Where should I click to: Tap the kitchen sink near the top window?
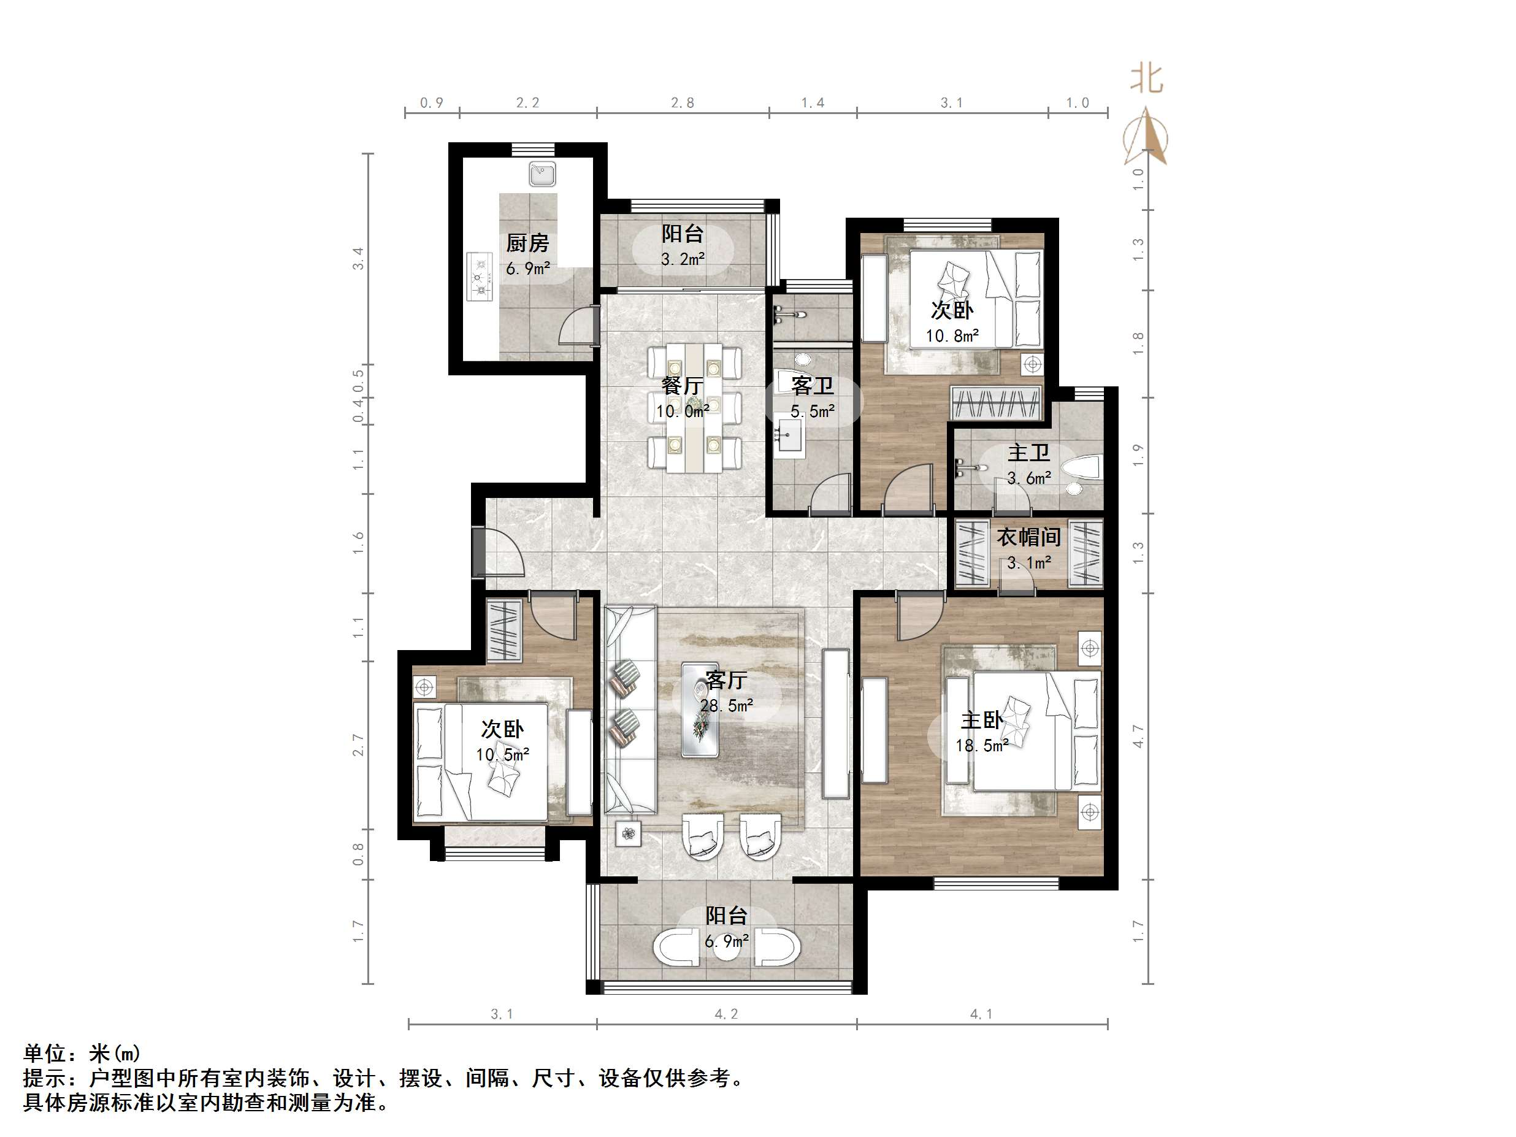tap(542, 174)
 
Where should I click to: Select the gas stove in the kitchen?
tap(480, 277)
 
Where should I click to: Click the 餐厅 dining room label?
tap(682, 386)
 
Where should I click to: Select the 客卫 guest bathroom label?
tap(812, 386)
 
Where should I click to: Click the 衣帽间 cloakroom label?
tap(1028, 537)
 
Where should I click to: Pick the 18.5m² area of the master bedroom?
tap(981, 746)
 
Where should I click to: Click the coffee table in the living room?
tap(700, 710)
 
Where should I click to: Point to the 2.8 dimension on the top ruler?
tap(682, 103)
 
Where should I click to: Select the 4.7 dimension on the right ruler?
tap(1138, 736)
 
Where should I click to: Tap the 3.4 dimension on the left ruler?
tap(358, 258)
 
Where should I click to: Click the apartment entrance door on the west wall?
tap(478, 553)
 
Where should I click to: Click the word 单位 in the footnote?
tap(45, 1053)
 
